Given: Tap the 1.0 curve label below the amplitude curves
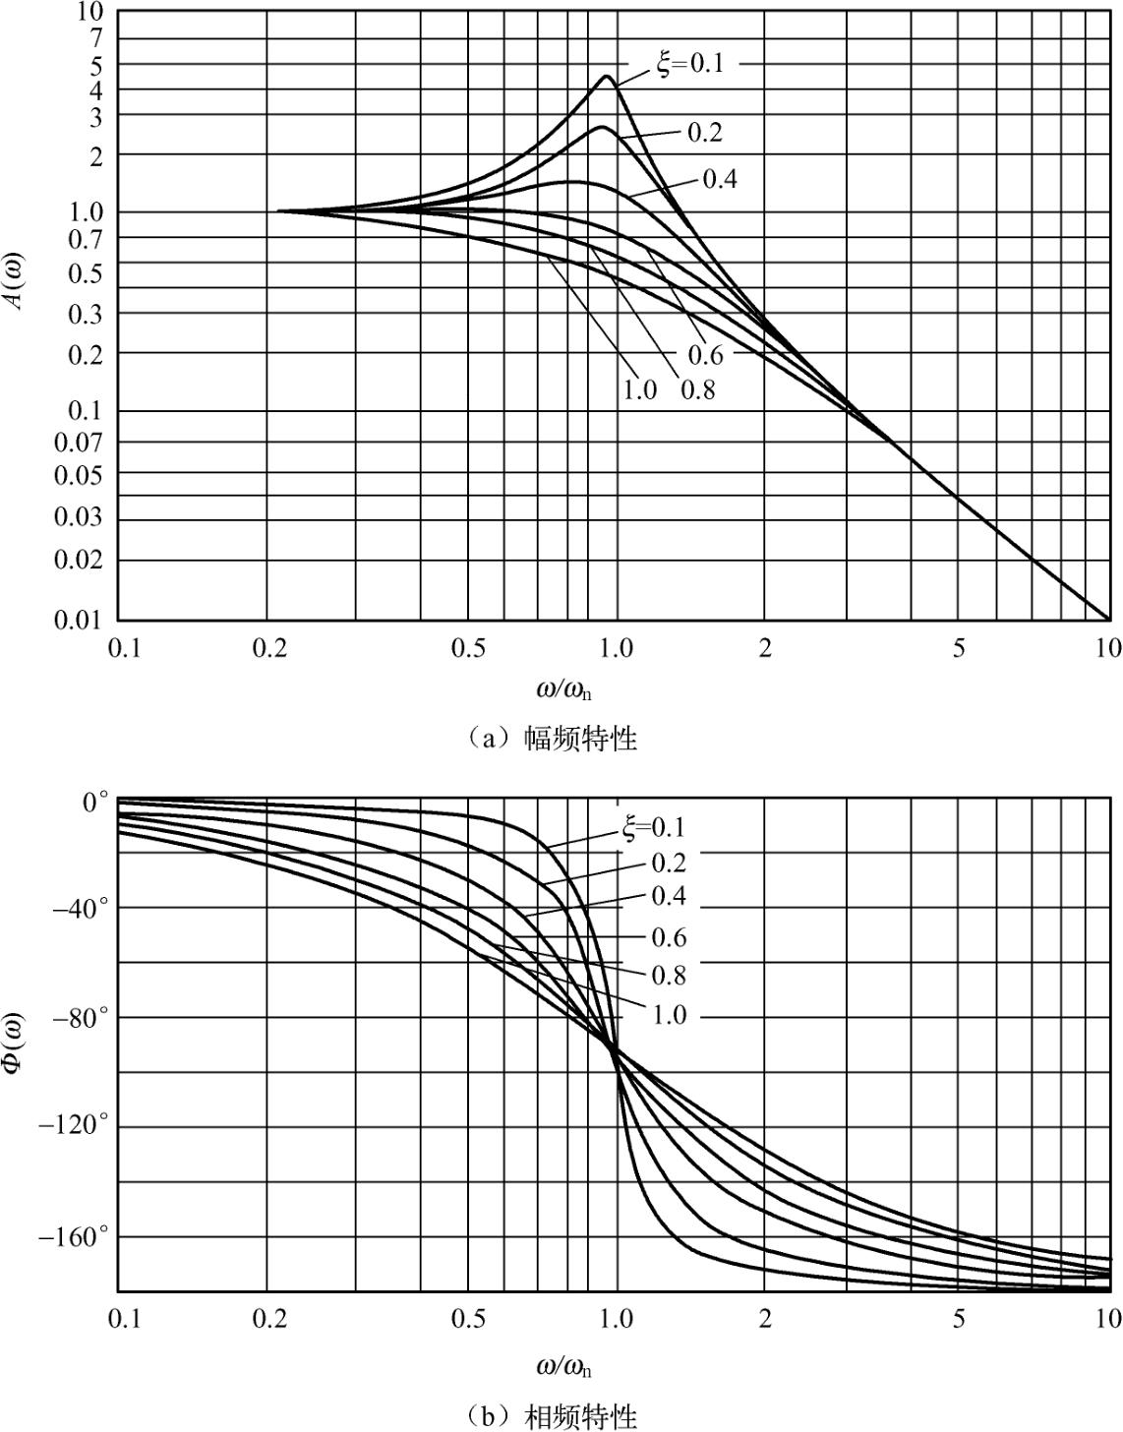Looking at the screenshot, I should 639,390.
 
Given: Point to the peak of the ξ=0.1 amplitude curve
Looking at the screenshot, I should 607,77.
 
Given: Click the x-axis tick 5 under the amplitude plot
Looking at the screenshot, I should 958,649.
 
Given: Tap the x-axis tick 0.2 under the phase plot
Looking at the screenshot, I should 267,1319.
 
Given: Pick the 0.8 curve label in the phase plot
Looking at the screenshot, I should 668,976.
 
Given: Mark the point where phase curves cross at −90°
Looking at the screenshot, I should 616,1050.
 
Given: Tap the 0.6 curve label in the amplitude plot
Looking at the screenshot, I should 705,355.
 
